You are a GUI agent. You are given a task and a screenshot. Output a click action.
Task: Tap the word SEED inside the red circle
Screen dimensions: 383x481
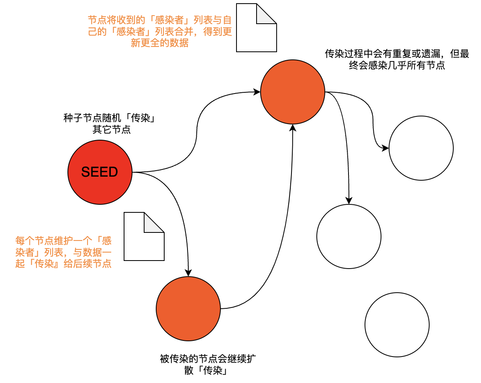click(100, 172)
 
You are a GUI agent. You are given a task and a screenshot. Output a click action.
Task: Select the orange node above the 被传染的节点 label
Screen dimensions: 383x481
click(188, 308)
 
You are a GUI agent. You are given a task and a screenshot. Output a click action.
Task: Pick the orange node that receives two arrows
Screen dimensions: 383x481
click(293, 92)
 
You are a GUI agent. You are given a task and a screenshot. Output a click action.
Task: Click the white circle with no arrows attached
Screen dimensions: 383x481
click(397, 324)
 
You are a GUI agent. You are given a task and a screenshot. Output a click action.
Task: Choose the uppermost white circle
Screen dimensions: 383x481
click(421, 148)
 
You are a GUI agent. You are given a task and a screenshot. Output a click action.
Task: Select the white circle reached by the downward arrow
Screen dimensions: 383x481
click(349, 236)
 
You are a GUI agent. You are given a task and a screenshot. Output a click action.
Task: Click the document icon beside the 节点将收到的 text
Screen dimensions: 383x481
click(257, 27)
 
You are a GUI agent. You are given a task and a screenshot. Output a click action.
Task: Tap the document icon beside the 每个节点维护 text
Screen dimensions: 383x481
click(144, 236)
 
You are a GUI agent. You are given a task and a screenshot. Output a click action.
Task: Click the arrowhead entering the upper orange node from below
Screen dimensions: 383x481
click(293, 128)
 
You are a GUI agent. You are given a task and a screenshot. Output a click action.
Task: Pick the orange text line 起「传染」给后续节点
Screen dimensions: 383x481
click(63, 264)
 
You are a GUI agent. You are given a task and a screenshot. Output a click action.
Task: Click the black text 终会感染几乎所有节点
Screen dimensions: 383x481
click(397, 65)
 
